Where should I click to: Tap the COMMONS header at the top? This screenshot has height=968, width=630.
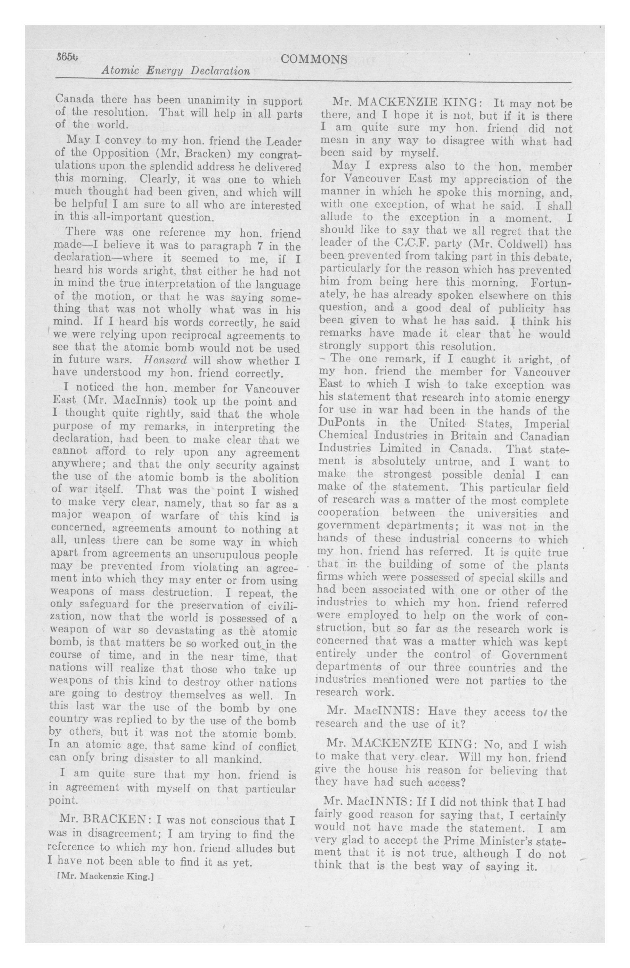(x=314, y=59)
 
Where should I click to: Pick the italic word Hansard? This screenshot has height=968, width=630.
(x=165, y=361)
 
